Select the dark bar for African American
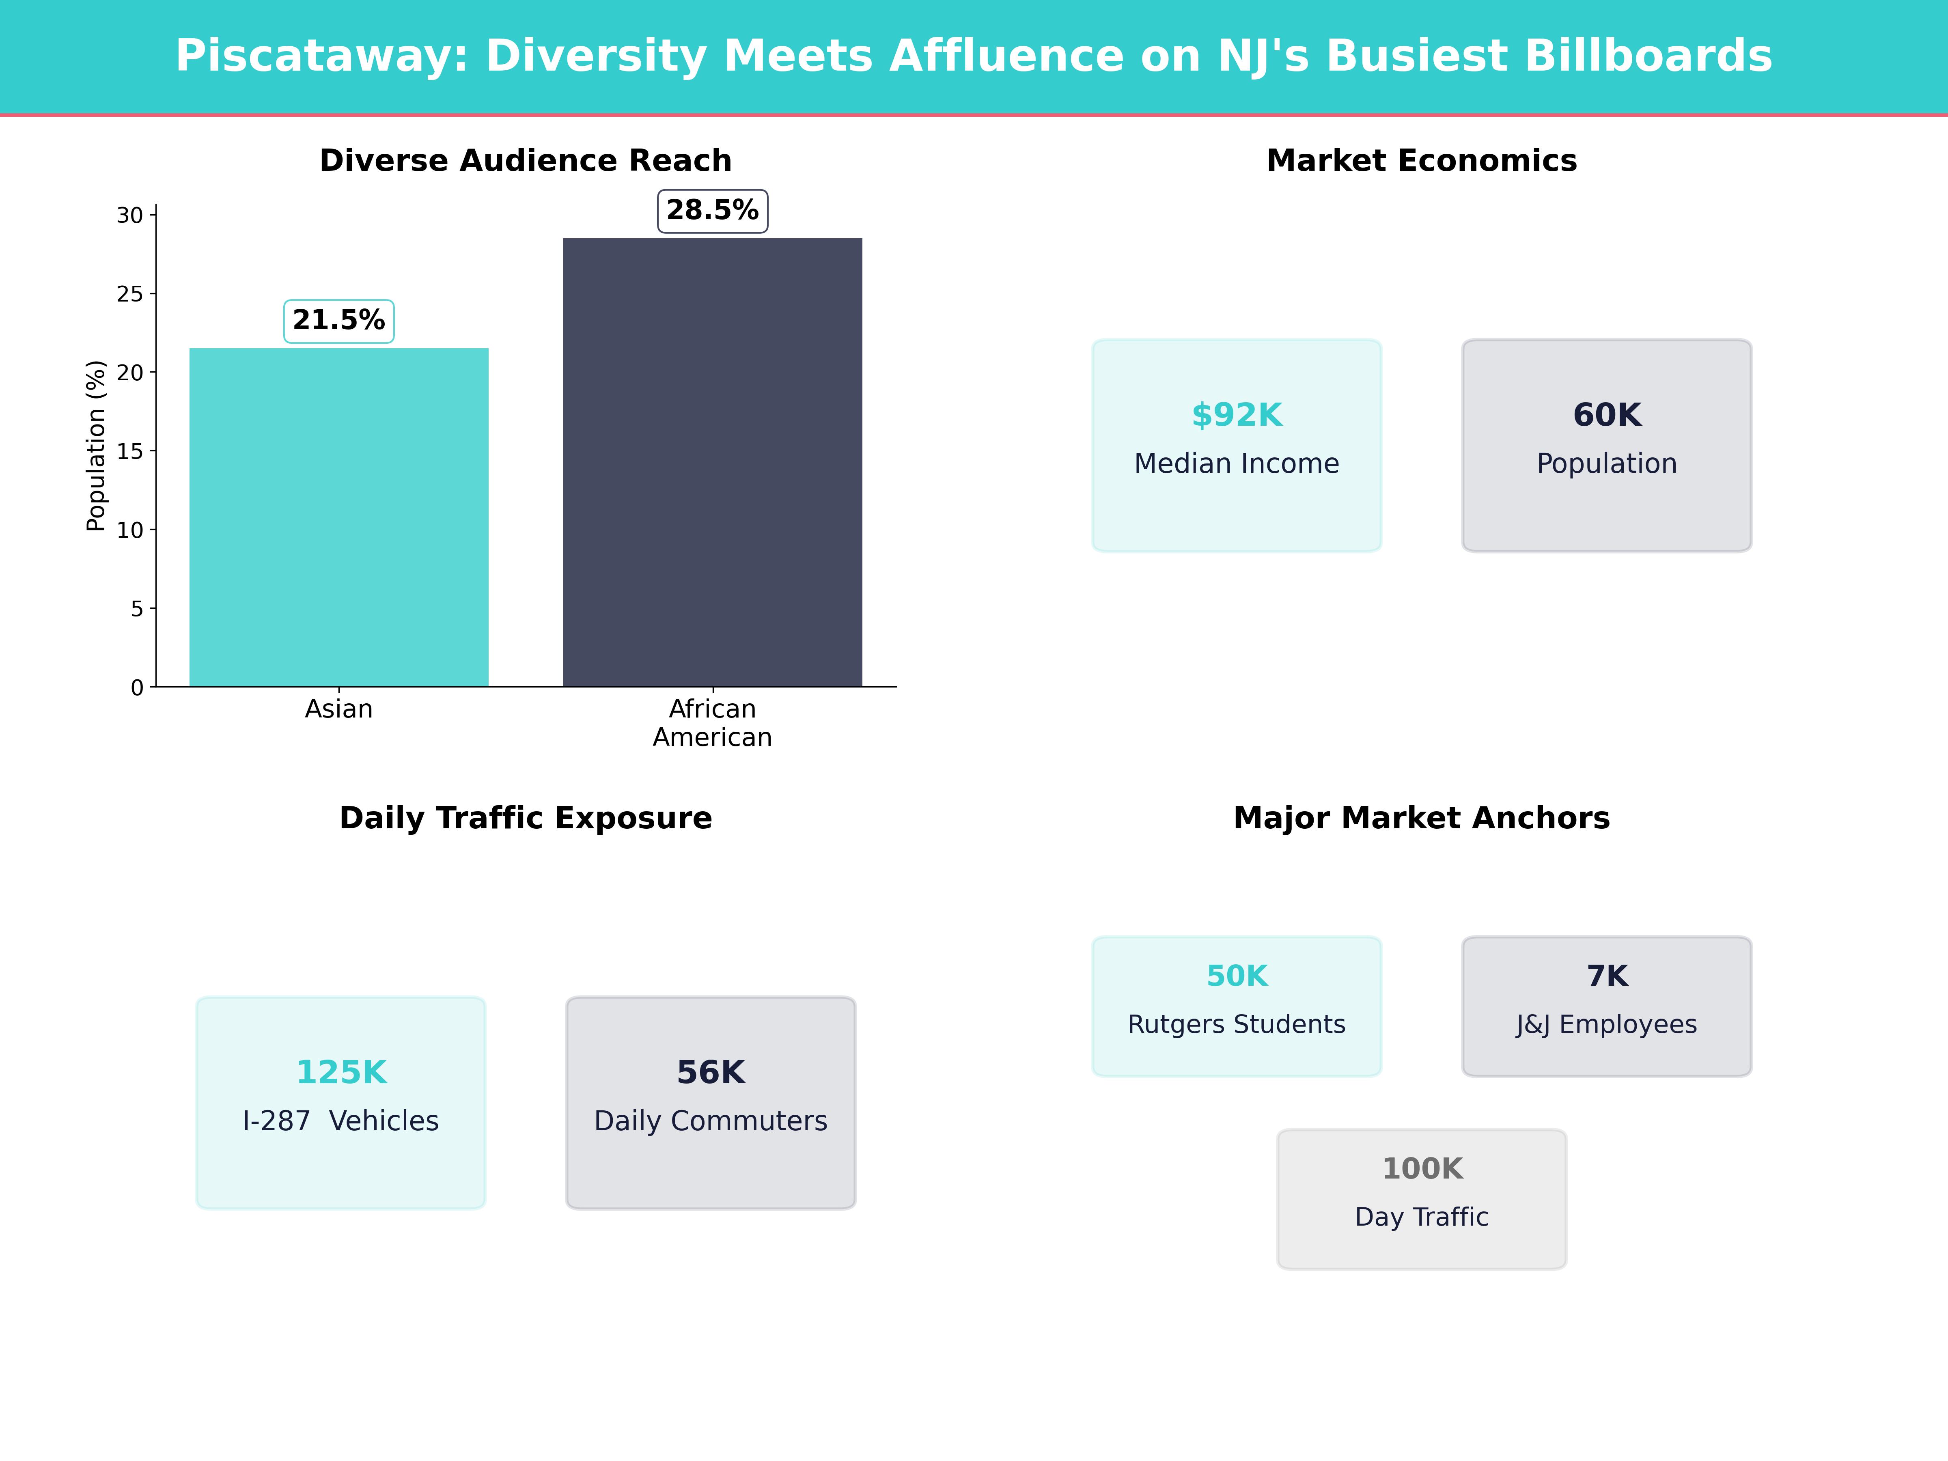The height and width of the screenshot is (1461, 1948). click(713, 462)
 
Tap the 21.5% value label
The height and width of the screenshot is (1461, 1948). click(339, 321)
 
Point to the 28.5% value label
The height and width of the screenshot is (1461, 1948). click(713, 211)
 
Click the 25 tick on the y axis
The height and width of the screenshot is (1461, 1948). click(129, 294)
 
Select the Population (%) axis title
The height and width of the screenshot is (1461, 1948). click(96, 446)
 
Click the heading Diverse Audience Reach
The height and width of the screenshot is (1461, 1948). click(526, 160)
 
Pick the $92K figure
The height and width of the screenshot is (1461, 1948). click(1237, 415)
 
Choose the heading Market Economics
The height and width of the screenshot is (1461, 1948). click(1421, 160)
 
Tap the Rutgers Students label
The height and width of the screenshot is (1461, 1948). click(1237, 1024)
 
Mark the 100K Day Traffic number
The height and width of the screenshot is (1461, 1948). click(1421, 1169)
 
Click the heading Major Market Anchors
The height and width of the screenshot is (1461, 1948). click(1421, 818)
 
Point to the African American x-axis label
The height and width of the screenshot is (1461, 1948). click(713, 723)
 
